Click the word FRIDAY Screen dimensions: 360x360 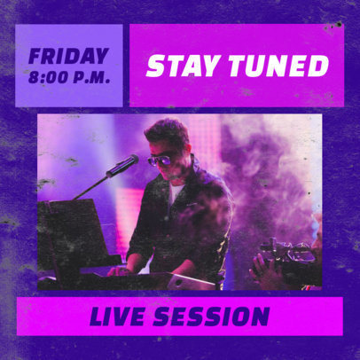pos(68,56)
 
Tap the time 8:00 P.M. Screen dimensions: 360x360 pos(69,77)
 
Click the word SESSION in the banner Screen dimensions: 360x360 pos(215,316)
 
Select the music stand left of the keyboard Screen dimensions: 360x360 pos(67,244)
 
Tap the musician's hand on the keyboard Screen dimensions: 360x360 pos(123,269)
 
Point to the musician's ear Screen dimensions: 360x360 pos(182,158)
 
